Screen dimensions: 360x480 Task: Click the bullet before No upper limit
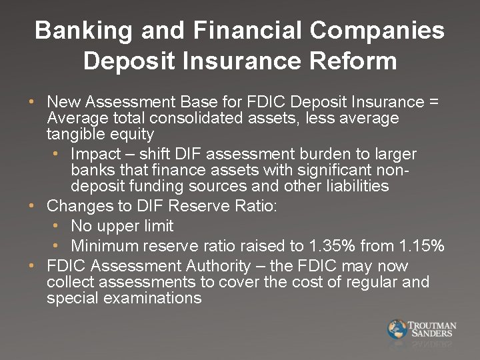click(x=57, y=227)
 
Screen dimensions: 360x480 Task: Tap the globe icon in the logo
click(x=397, y=329)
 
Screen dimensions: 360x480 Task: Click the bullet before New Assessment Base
click(x=32, y=103)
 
